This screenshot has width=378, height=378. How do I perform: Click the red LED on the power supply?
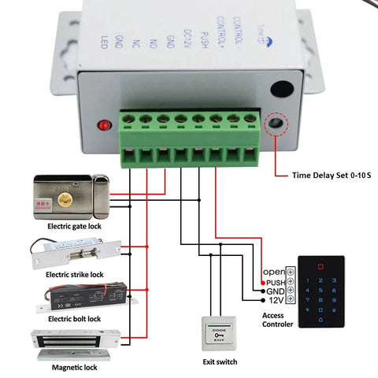coord(102,125)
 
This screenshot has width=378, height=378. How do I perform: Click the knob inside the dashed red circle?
coord(276,124)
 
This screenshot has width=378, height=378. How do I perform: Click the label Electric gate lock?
coord(76,226)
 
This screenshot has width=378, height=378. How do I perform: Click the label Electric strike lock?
coord(76,274)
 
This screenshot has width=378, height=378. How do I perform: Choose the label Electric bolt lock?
coord(74,319)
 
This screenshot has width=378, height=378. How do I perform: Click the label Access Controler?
coord(276,320)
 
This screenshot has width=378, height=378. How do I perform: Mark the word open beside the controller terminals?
coord(272,272)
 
